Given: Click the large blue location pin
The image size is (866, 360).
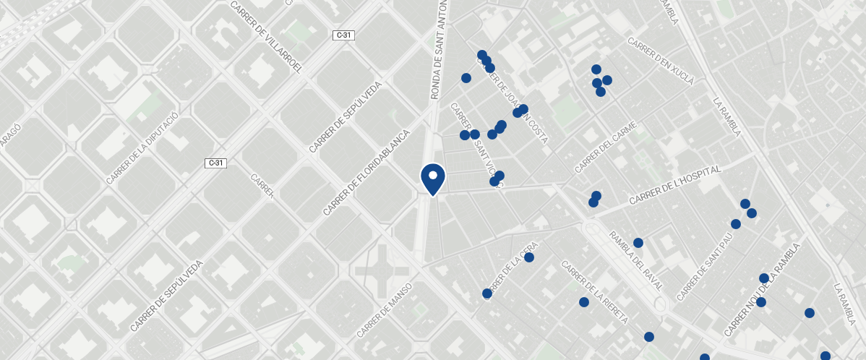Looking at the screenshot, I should coord(432,179).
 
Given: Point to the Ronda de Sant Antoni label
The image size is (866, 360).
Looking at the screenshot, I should coord(440,49).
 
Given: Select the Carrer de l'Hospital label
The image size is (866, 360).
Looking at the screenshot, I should coord(675,184).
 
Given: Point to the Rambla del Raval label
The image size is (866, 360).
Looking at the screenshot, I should coord(636,261).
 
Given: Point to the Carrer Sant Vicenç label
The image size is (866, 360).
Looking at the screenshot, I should coord(476,145).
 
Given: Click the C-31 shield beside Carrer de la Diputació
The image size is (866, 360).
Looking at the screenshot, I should coord(215,163).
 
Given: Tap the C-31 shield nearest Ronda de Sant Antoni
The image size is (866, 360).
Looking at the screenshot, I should coord(343,35).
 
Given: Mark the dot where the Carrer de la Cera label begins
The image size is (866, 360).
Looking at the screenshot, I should coord(487,293).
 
